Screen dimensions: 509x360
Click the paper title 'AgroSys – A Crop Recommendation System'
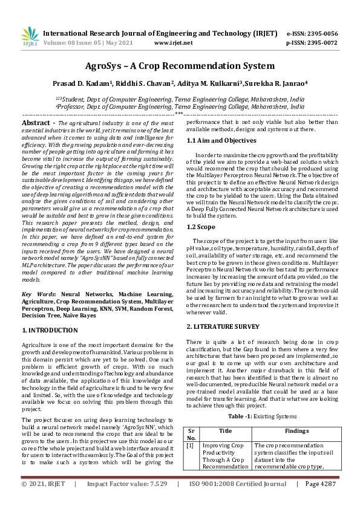click(x=180, y=65)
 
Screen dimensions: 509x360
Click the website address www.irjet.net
click(x=174, y=43)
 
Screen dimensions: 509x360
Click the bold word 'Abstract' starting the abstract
click(x=34, y=123)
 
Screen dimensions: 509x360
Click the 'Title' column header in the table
click(x=225, y=431)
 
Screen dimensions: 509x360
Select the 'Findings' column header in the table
click(x=296, y=431)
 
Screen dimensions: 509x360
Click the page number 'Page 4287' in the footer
click(x=320, y=501)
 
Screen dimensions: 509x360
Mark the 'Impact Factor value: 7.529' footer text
click(x=127, y=501)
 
